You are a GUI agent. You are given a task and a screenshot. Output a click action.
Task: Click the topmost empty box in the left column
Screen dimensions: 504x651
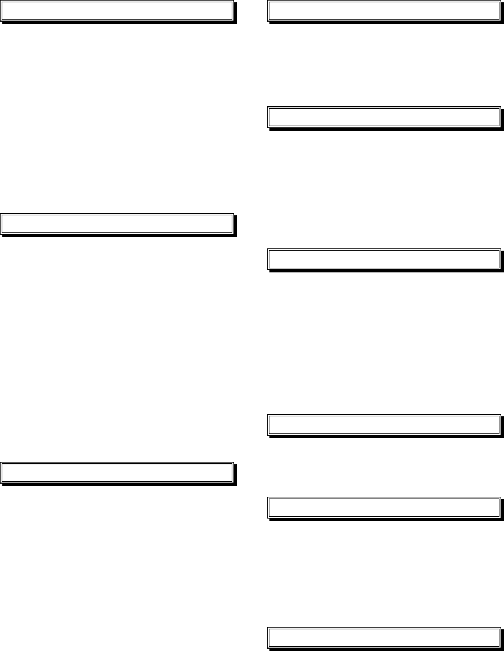pos(117,11)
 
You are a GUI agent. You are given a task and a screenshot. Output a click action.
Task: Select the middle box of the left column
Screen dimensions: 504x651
pos(117,223)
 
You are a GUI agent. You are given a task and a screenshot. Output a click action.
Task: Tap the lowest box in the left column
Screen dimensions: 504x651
pos(117,472)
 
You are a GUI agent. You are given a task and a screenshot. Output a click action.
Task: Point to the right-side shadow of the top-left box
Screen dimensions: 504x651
pos(235,13)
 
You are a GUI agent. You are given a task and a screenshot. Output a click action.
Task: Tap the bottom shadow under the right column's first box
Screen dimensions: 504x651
pos(385,22)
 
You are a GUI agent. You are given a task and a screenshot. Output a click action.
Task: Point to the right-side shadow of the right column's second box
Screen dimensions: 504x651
pos(502,118)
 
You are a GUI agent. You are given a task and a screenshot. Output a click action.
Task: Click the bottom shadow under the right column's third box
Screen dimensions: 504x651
pos(385,270)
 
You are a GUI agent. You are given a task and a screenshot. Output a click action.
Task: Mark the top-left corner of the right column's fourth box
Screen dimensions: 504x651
pos(268,416)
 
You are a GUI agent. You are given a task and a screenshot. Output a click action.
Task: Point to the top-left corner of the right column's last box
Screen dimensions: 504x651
pos(268,628)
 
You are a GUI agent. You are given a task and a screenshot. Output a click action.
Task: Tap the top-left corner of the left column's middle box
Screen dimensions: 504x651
pos(1,214)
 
